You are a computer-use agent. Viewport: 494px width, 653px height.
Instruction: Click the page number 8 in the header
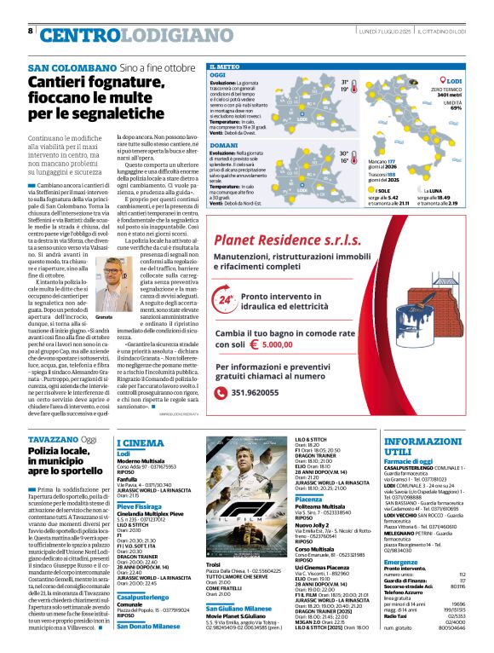[31, 31]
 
